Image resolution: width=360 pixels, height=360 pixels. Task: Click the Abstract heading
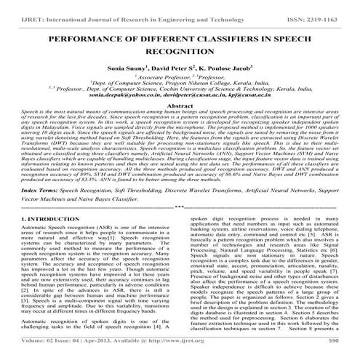(x=180, y=105)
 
